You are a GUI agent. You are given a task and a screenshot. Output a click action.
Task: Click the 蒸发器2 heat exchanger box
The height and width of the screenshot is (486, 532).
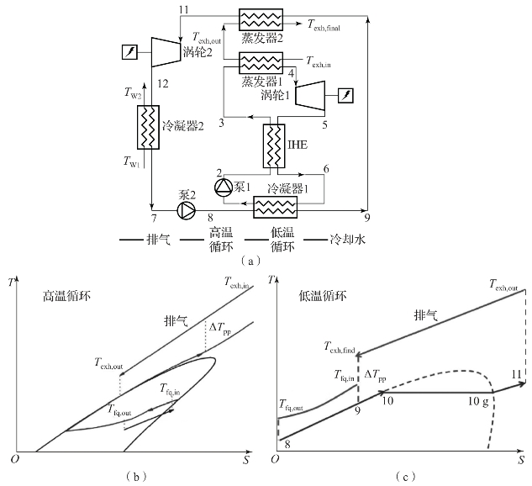261,19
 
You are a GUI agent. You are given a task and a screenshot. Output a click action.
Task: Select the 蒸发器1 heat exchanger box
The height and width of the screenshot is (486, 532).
261,63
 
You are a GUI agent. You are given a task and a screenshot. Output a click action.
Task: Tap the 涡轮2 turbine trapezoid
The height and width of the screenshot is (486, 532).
166,51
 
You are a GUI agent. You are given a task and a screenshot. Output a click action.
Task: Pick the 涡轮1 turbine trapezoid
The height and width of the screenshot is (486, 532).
310,95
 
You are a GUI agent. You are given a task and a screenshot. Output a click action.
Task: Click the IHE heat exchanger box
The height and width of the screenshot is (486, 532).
274,146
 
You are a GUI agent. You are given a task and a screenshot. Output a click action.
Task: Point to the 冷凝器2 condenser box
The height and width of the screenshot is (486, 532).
148,127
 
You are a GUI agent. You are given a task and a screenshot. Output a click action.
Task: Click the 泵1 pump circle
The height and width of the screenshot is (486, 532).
224,188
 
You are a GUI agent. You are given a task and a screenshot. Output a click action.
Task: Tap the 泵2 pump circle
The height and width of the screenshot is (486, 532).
187,211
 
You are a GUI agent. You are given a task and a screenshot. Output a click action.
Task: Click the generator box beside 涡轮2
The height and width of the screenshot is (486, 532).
129,52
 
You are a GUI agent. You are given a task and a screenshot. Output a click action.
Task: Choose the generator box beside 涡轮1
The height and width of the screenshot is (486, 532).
345,95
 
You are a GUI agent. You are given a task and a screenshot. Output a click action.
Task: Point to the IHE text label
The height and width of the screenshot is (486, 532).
298,145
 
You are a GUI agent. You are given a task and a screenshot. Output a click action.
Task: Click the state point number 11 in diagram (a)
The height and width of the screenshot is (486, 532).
183,9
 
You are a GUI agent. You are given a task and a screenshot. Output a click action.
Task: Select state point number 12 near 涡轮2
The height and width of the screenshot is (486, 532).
163,83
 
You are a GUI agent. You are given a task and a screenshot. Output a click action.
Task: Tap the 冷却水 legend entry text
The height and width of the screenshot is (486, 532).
348,240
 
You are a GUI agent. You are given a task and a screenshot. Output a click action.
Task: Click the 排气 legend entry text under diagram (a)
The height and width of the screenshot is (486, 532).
159,240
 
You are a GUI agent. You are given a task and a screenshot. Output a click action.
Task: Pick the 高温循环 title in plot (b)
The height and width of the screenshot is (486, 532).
66,296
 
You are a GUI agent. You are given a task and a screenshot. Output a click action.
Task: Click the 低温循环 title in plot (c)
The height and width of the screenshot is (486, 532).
323,296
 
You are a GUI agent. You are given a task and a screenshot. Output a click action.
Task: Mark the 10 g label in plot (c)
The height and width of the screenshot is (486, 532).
478,402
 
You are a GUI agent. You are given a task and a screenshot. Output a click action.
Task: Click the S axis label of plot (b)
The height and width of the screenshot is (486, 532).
246,460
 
